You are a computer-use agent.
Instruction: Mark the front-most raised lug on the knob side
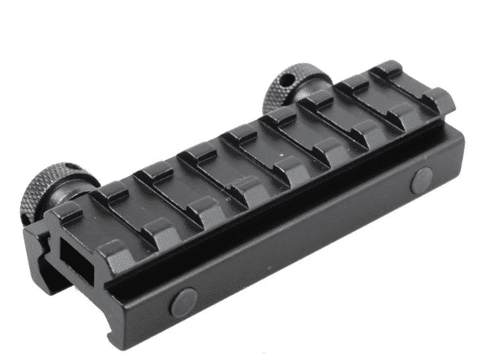pyautogui.click(x=67, y=212)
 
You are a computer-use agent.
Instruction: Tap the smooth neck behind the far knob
pyautogui.click(x=305, y=99)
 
